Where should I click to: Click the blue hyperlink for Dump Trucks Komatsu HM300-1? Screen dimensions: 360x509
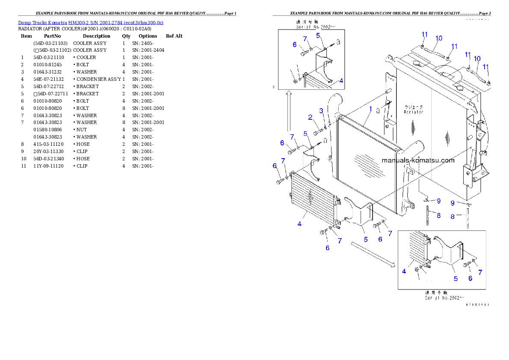point(90,22)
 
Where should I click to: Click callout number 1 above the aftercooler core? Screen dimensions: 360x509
point(371,109)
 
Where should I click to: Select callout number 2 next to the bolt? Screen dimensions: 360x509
point(311,117)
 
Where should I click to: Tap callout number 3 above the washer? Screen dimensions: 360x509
point(321,111)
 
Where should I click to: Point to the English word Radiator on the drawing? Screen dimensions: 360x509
point(414,112)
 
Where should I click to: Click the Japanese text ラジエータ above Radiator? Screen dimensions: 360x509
point(414,107)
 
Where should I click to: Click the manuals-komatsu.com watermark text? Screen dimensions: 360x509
point(417,160)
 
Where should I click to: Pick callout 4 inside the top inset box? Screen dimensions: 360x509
point(341,80)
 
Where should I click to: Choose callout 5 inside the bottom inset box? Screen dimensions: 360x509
point(456,278)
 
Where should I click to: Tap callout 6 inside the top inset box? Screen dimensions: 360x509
point(295,44)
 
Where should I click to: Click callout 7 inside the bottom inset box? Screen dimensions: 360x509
point(480,272)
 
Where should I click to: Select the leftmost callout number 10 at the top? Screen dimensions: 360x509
point(438,38)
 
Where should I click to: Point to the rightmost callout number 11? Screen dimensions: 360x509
point(486,66)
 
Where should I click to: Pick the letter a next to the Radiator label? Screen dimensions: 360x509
point(378,110)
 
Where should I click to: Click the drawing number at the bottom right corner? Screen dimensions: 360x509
point(477,305)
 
